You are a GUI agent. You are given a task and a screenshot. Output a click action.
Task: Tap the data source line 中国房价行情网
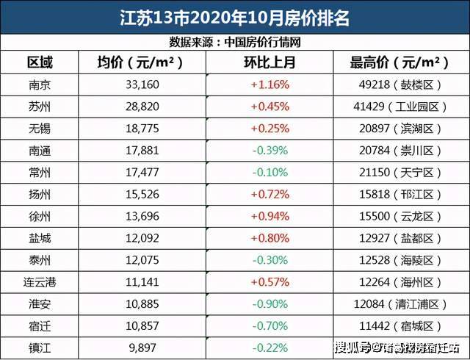coord(234,42)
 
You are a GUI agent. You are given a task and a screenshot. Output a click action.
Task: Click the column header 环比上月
coord(270,62)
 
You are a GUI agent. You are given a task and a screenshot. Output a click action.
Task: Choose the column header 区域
coord(40,62)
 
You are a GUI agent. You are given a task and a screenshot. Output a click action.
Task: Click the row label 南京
coord(40,84)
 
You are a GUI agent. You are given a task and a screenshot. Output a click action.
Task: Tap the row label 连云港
coord(40,281)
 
